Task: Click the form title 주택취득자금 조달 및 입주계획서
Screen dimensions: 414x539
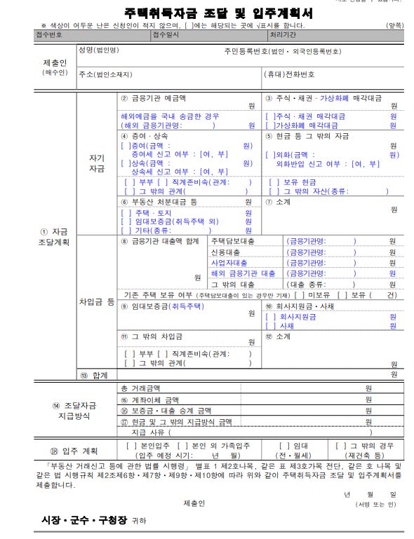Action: click(x=209, y=13)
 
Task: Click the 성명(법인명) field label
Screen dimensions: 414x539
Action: click(x=99, y=50)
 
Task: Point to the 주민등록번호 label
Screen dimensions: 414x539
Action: click(x=283, y=51)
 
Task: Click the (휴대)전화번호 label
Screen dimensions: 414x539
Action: click(x=288, y=74)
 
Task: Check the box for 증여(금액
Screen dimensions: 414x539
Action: click(x=126, y=146)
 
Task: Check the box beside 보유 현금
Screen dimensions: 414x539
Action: click(x=270, y=182)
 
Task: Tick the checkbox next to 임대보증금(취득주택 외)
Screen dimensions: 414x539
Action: click(x=126, y=221)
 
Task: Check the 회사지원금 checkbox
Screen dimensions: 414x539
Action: click(x=270, y=316)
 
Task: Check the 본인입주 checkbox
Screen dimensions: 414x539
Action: click(x=129, y=446)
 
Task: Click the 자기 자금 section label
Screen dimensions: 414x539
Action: click(x=97, y=163)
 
